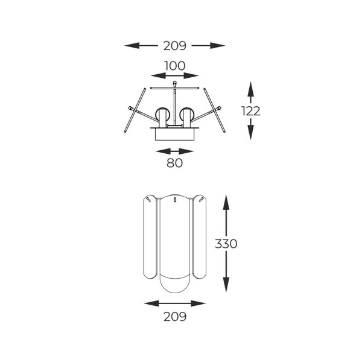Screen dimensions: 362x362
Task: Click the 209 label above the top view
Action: point(174,46)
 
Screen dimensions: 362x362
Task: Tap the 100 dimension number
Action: point(174,66)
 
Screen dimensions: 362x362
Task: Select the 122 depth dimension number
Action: point(251,111)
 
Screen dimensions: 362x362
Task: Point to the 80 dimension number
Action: point(174,163)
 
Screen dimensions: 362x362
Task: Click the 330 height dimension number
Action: point(226,244)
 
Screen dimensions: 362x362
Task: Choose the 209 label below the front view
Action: point(175,317)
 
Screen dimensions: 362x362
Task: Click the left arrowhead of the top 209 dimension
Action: point(132,45)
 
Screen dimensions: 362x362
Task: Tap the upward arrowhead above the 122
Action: point(250,89)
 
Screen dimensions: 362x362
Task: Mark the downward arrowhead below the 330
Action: point(226,285)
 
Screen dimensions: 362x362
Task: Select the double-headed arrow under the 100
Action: point(174,75)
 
